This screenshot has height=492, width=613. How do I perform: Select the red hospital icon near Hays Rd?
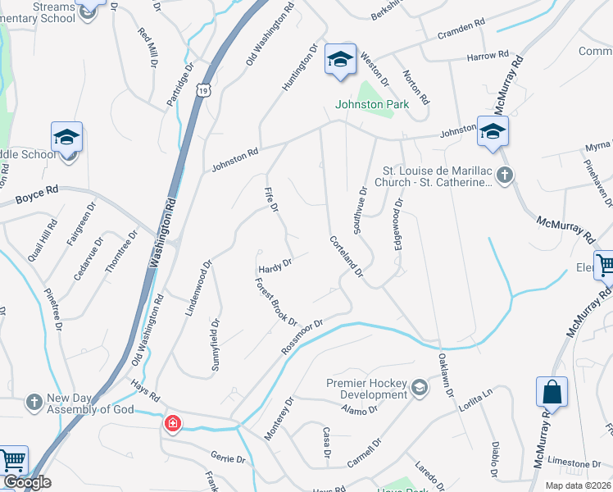(172, 423)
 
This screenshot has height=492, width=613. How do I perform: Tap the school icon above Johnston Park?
(340, 59)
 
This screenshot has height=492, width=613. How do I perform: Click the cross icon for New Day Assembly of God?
(34, 402)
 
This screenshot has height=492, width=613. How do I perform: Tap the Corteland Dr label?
(346, 257)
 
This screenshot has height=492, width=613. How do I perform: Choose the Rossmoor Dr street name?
(303, 336)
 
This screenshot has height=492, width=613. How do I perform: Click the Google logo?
(26, 482)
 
